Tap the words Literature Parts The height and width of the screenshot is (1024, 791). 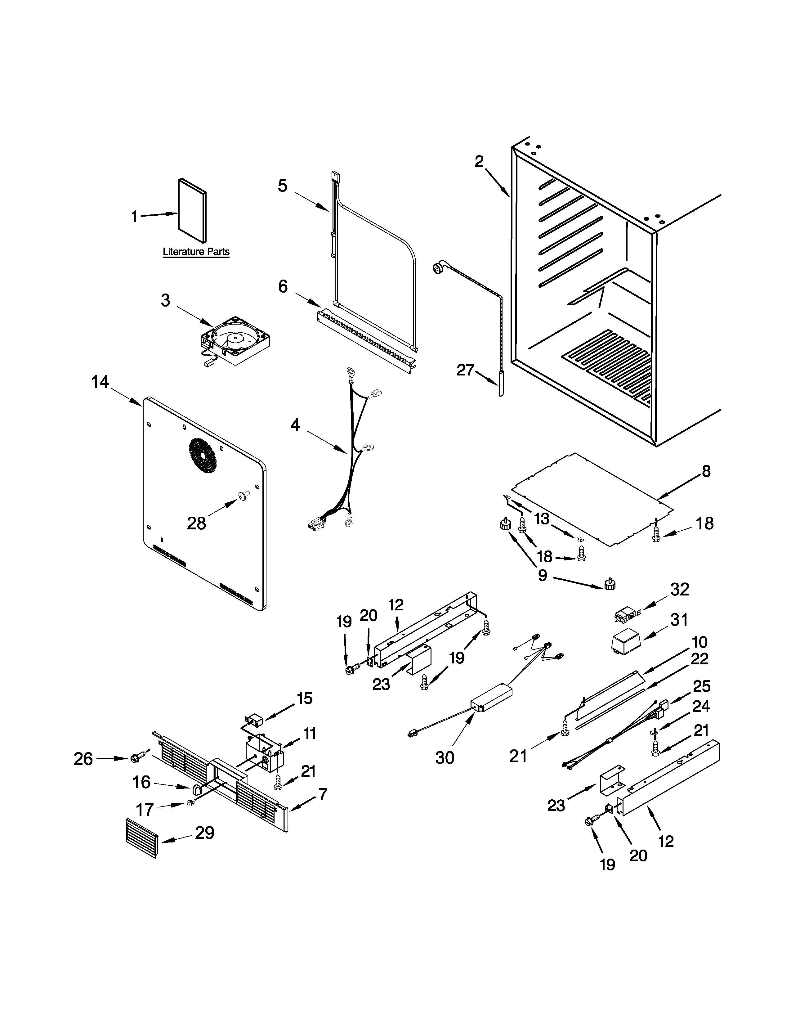point(196,252)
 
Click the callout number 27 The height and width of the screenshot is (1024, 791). point(466,371)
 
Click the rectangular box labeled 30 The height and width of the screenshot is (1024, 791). point(492,697)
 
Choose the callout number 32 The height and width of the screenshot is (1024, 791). point(679,589)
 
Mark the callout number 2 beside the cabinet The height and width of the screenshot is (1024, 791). point(479,161)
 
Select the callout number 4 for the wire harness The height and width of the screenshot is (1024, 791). point(295,425)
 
